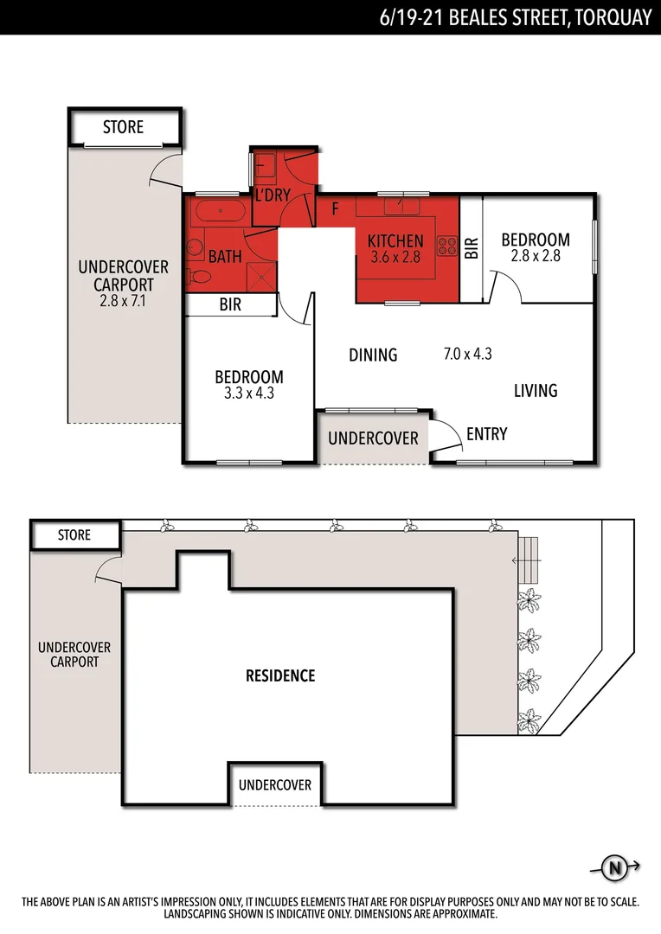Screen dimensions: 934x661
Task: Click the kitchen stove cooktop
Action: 447,245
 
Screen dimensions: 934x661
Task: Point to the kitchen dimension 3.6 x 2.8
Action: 395,257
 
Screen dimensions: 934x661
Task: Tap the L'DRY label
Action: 272,195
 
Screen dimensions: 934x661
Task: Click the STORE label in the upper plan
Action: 123,127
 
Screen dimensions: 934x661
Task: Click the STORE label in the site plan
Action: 74,535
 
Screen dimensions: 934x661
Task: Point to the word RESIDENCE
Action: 280,675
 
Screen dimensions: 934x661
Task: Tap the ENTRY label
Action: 486,434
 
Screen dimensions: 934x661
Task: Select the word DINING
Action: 373,355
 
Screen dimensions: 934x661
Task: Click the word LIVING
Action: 536,391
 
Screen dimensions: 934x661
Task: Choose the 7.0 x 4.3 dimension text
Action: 467,353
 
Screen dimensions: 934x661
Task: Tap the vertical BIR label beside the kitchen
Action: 472,250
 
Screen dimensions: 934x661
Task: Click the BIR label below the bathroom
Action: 230,305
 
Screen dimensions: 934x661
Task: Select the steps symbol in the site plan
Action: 529,560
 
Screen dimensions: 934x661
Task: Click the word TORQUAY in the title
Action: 610,16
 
